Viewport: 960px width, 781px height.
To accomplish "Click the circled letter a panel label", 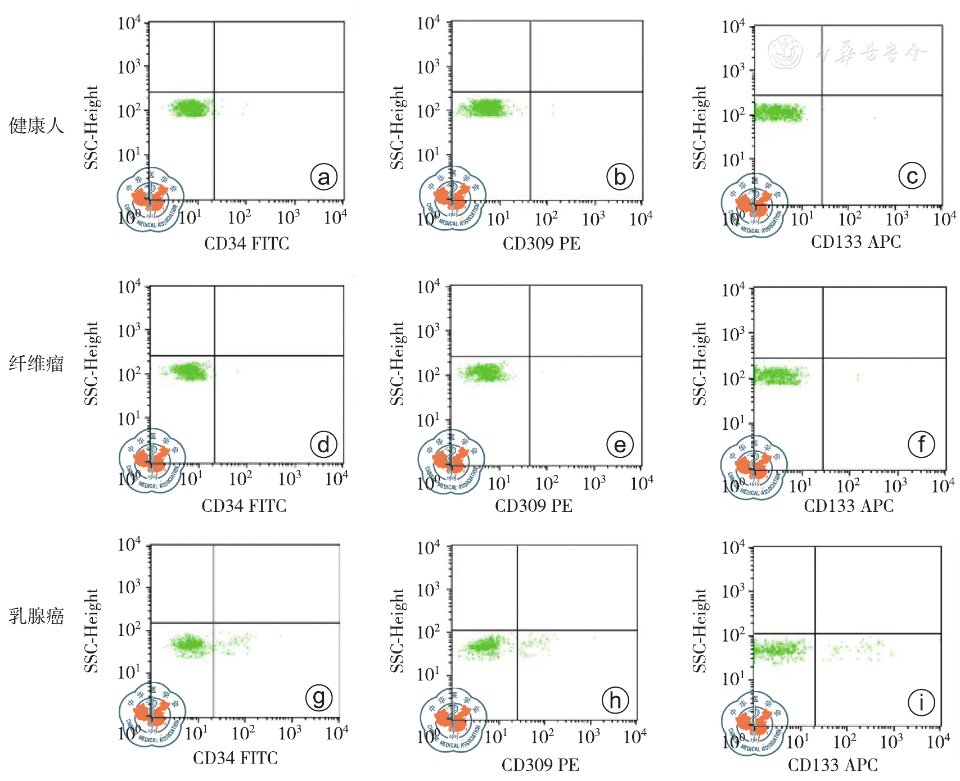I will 324,177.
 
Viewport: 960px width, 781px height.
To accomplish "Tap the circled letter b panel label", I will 620,177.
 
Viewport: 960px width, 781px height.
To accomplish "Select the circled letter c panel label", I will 912,176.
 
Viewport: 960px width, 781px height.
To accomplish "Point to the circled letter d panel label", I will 324,444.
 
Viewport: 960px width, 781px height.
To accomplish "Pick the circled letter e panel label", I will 620,445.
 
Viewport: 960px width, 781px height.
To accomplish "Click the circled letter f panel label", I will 921,444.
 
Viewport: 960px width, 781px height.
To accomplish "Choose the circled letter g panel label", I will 319,698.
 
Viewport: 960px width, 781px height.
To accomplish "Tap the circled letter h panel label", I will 615,701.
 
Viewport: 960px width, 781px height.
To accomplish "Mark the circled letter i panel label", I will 921,702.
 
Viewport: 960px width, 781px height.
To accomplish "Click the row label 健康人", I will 37,125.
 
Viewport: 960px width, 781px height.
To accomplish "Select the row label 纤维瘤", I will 37,364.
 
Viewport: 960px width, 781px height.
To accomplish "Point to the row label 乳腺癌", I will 37,616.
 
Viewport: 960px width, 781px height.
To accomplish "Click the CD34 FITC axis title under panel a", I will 246,243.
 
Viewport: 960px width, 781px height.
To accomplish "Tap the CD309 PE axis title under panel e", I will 534,506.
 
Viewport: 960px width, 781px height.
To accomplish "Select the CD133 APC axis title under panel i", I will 832,765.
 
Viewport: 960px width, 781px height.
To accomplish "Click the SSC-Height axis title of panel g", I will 92,630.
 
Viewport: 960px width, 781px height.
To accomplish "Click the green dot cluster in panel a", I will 192,108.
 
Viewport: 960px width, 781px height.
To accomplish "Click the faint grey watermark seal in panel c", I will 785,52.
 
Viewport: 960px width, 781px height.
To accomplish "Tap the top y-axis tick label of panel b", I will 428,24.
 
